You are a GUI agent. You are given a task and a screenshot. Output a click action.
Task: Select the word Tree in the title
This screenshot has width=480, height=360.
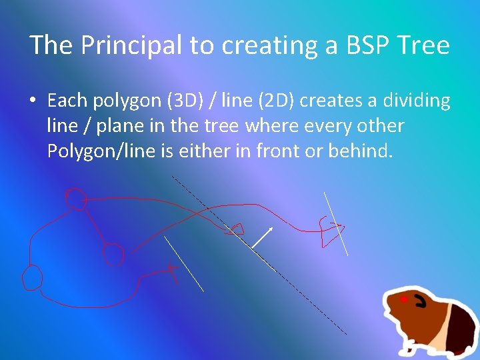tap(423, 45)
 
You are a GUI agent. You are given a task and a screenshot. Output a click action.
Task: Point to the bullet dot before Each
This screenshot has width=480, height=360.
tap(33, 101)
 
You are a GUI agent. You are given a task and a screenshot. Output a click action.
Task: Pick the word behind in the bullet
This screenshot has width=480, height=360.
tap(360, 151)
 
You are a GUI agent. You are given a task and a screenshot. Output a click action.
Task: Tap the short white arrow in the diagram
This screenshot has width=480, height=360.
tap(264, 237)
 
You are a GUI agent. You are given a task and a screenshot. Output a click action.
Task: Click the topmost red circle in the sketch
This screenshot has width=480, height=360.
tap(75, 198)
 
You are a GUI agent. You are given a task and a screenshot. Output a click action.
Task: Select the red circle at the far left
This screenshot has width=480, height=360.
tap(31, 277)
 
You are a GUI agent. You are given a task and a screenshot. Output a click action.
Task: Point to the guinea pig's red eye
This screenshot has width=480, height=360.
tap(403, 300)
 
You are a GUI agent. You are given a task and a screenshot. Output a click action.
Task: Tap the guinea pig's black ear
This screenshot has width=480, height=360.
tap(421, 302)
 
